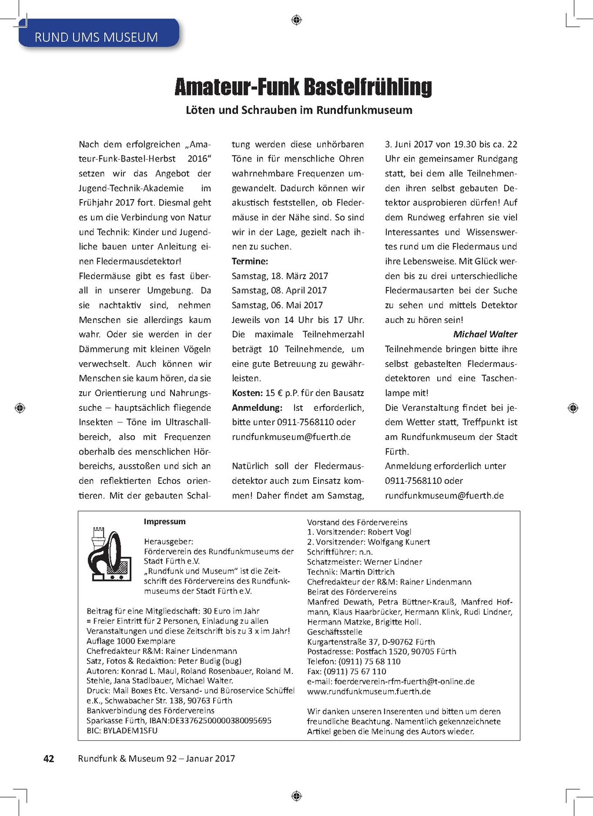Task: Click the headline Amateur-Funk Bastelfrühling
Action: [303, 87]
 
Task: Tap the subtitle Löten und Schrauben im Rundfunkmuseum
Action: [299, 110]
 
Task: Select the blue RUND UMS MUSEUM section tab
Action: [96, 37]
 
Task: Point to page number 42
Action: [49, 759]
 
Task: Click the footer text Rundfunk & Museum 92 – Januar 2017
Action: [156, 759]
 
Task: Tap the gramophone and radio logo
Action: [109, 554]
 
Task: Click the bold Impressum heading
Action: [164, 521]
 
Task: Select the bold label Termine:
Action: [250, 261]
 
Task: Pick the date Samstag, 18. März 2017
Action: [280, 276]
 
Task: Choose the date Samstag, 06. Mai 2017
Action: [277, 305]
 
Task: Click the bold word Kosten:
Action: [247, 393]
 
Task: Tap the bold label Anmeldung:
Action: [257, 407]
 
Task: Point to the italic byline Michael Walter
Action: [485, 335]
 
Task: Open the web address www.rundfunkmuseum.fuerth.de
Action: [369, 692]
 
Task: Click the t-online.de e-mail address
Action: [404, 682]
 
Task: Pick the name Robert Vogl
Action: [389, 532]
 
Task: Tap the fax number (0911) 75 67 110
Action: [356, 671]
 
